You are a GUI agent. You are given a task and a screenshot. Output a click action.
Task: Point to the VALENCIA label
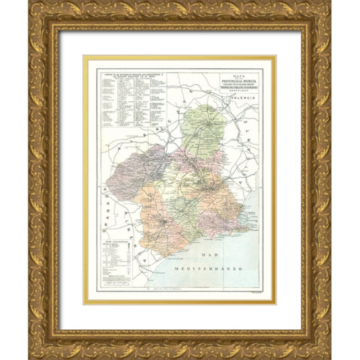(244, 107)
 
